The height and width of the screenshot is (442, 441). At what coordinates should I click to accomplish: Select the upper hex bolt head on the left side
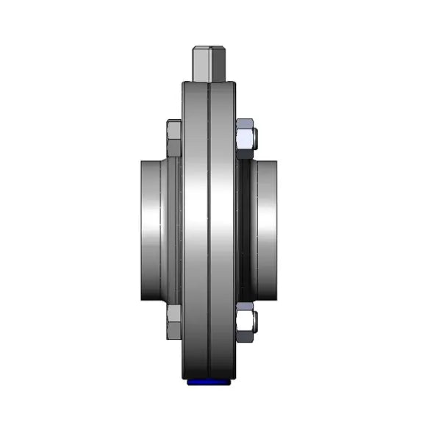174,138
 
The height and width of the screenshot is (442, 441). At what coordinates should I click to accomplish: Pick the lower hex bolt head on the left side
174,321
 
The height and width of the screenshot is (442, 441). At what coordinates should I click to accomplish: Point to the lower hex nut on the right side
245,321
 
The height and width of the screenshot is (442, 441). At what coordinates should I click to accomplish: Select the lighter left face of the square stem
201,65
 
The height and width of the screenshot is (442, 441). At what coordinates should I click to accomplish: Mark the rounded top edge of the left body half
196,85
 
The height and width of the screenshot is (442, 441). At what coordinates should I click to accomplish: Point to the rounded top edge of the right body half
223,85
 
